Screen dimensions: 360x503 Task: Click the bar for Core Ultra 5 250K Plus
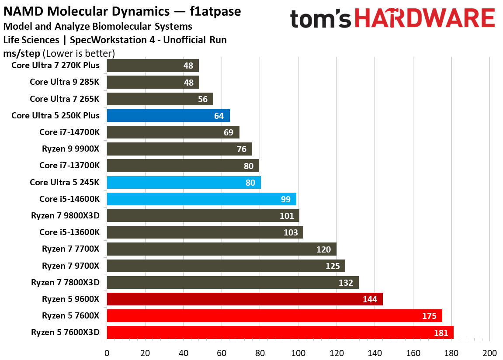[168, 116]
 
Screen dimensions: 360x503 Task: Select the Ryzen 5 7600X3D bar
[280, 332]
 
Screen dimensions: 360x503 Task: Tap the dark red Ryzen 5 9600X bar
[244, 299]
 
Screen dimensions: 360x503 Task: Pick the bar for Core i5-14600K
[201, 199]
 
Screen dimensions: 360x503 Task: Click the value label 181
[441, 333]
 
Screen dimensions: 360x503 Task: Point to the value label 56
[203, 99]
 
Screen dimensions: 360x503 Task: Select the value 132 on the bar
[346, 283]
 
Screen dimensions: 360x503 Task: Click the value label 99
[286, 199]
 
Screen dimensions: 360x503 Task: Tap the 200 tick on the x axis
[489, 353]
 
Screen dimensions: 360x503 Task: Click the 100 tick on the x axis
[298, 353]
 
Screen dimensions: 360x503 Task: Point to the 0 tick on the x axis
[107, 353]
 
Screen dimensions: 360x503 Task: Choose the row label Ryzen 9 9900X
[70, 149]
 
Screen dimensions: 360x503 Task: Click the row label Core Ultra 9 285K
[64, 82]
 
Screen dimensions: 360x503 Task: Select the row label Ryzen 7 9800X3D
[65, 216]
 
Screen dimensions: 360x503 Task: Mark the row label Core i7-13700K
[69, 166]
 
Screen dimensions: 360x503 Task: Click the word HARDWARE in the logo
[424, 20]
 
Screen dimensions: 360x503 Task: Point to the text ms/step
[22, 53]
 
